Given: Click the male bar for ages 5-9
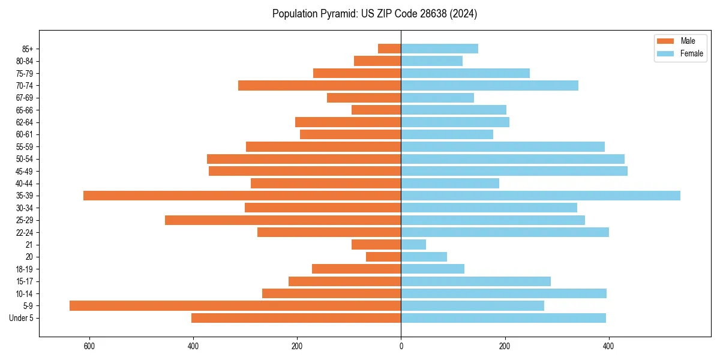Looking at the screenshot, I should tap(235, 306).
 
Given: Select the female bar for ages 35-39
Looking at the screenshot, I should tap(541, 196).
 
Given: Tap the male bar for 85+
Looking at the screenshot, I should tap(389, 49).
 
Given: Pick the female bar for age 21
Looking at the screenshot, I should tap(413, 245).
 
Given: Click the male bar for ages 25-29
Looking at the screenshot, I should tap(283, 220).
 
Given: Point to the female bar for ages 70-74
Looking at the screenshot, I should tap(490, 85).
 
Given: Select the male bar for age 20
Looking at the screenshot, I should tap(383, 257).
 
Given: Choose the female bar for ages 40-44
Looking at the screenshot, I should tap(450, 184).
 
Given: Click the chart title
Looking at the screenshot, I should tap(374, 14).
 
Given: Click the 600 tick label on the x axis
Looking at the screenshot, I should tap(89, 346).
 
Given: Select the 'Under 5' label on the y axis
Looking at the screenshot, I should tap(21, 318).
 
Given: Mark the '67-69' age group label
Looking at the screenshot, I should tap(25, 98).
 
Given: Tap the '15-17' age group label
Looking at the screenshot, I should tap(25, 281).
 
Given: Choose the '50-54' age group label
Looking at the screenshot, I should tap(25, 159).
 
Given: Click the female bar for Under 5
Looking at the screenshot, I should tap(503, 318).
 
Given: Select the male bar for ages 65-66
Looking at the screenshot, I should tap(376, 110).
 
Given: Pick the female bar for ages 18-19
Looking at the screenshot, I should tap(433, 269).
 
